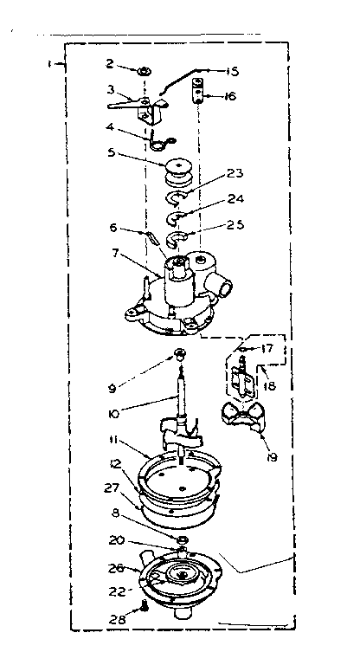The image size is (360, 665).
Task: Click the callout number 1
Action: [x=52, y=63]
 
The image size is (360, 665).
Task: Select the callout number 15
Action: [x=232, y=71]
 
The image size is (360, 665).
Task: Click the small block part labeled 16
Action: [x=198, y=87]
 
